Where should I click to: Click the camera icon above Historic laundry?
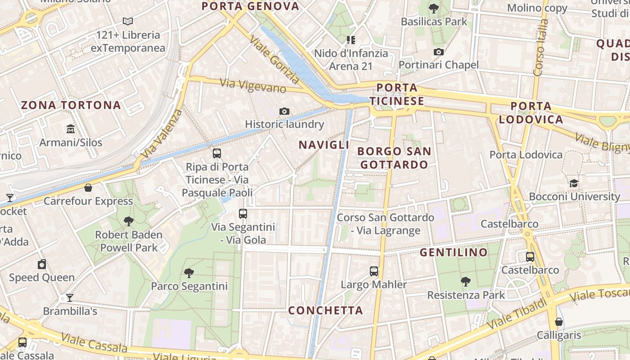point(284,111)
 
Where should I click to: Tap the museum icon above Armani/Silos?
point(71,130)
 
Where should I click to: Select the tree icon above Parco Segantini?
point(189,273)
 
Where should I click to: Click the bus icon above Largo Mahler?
point(374,271)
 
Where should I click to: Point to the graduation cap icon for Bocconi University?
point(574,183)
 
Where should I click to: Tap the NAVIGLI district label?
point(324,145)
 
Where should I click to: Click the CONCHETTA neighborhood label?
point(325,310)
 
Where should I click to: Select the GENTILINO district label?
point(454,252)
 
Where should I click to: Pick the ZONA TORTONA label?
point(71,105)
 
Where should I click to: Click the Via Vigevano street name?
point(253,85)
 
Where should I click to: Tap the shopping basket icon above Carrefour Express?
point(88,188)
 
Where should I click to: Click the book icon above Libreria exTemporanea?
point(128,21)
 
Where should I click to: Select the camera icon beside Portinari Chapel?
point(439,52)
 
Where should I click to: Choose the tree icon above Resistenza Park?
point(466,282)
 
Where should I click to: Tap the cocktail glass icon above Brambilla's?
point(70,297)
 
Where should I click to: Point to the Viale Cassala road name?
point(94,343)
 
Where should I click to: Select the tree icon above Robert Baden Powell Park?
point(129,221)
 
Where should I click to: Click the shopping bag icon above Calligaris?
point(558,322)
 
